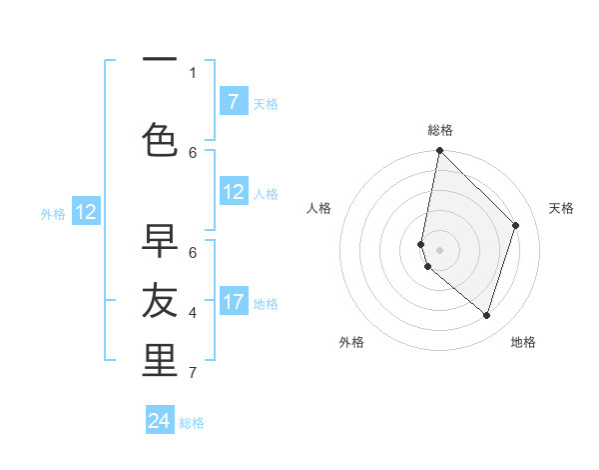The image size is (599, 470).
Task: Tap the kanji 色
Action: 160,140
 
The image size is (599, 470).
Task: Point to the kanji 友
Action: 160,300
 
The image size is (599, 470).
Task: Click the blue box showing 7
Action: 233,101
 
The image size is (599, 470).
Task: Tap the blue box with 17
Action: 234,301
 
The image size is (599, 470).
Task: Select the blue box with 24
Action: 160,421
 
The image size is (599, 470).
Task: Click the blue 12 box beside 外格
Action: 86,211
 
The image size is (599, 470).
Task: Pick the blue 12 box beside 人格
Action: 234,192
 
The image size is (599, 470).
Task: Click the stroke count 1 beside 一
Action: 193,72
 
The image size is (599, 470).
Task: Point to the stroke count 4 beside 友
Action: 193,313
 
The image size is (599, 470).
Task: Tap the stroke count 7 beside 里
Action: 193,373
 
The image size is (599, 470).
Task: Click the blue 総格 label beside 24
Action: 192,423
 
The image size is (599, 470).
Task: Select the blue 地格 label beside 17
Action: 266,303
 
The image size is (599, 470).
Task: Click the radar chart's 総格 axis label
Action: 439,130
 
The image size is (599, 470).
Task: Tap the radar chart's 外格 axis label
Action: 351,342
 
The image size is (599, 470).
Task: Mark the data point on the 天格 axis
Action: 516,225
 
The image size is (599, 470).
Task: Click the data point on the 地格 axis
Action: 486,315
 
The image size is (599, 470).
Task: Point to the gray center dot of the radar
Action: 439,250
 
